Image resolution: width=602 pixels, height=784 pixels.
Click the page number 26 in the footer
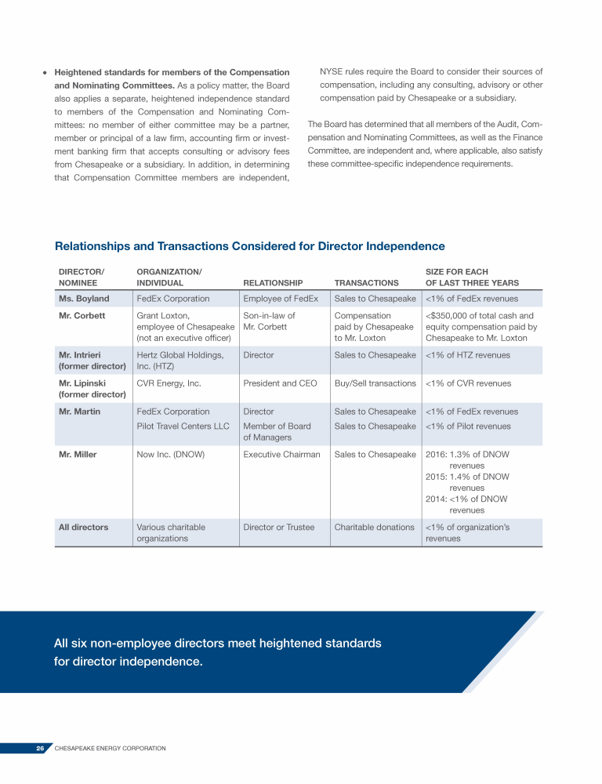[x=39, y=749]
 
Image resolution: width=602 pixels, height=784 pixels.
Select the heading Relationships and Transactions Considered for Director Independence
[x=249, y=246]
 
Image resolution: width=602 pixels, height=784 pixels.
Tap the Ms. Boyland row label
[x=84, y=299]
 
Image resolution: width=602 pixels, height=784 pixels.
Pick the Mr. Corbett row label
[x=82, y=316]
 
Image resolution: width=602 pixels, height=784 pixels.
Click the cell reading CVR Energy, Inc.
[x=169, y=383]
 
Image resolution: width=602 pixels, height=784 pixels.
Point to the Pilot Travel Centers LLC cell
[x=183, y=426]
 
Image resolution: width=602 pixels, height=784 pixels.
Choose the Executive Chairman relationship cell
[x=281, y=455]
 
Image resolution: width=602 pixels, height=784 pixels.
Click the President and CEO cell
[x=280, y=383]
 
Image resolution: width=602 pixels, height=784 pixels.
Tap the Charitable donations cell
[x=374, y=527]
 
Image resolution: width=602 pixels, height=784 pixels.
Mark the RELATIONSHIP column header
[x=273, y=283]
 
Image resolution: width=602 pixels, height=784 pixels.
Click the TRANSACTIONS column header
[x=366, y=283]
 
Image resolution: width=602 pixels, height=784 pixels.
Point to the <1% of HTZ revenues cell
[x=467, y=355]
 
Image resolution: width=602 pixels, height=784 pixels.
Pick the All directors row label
[x=83, y=527]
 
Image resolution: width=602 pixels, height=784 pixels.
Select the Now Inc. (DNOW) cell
[x=170, y=455]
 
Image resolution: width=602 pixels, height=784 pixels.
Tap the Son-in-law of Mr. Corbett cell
[x=269, y=321]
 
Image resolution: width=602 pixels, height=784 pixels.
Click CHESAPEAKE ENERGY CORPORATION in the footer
[x=110, y=749]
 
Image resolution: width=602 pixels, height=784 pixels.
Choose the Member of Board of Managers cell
[x=277, y=432]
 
